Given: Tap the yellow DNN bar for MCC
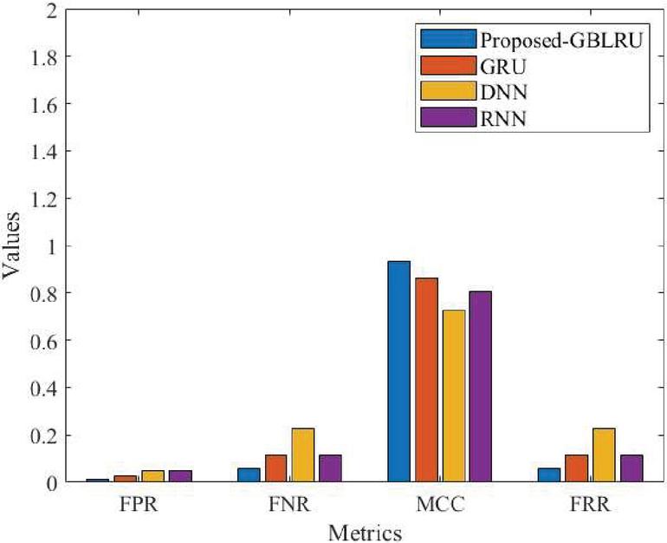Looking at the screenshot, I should click(453, 396).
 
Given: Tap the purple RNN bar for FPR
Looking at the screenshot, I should click(180, 476).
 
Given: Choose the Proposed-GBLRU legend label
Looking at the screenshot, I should click(561, 40).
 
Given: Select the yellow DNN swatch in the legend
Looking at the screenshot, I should click(448, 90).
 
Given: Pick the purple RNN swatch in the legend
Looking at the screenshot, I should click(448, 116).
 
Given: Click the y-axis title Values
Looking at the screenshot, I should click(12, 247).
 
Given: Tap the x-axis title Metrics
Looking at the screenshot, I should click(365, 530).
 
